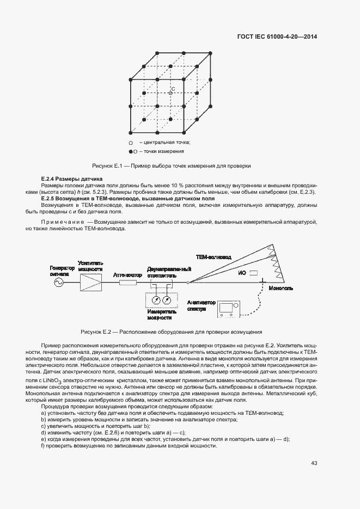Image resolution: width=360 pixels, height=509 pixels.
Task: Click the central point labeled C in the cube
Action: tap(170, 93)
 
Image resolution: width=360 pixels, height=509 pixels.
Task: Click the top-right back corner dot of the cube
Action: tap(211, 53)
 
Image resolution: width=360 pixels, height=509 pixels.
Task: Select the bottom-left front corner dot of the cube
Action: tap(130, 133)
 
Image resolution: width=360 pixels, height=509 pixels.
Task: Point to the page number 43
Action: tap(314, 463)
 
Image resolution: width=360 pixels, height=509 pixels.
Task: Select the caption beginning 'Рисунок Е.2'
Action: tap(171, 332)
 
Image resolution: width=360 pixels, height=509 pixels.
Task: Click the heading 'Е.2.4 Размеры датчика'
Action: tap(72, 179)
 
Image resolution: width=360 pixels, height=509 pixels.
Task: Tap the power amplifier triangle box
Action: tap(90, 282)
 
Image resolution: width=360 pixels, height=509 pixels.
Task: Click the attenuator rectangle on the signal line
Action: tap(128, 282)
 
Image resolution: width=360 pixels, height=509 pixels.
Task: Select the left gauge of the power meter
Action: tap(156, 300)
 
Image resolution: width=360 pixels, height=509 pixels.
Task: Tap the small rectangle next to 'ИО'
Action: tap(253, 272)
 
